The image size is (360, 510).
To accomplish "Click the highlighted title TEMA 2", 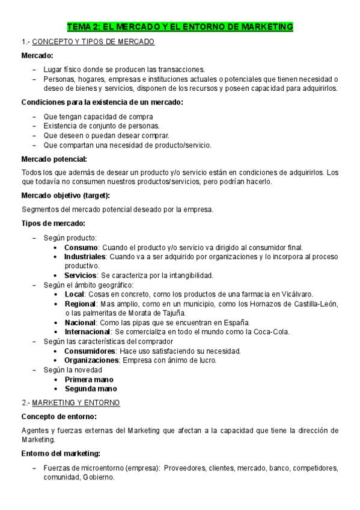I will coord(180,26).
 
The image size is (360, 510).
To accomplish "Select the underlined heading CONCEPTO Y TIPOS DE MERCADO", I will coord(93,42).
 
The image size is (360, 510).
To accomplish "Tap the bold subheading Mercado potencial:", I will coord(54,159).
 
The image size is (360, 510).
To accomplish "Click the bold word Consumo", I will coord(81,247).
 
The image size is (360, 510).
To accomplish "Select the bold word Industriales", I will coord(85,256).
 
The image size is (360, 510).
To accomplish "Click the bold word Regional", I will coord(81,304).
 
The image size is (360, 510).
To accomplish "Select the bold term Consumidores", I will coord(90,351).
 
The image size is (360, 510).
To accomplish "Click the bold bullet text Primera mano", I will coord(89,379).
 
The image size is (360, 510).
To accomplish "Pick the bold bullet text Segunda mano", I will coord(90,389).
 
